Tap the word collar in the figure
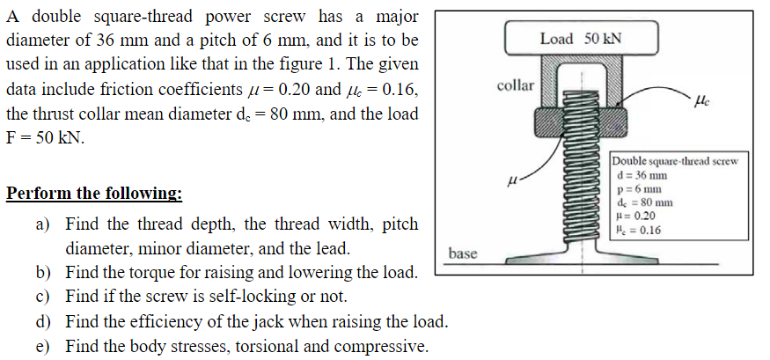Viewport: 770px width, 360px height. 515,85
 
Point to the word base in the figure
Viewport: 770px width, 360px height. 463,253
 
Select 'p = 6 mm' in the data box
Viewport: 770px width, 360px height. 636,188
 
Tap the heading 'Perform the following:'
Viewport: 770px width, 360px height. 95,194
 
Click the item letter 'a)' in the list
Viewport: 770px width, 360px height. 43,224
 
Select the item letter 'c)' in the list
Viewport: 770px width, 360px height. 43,296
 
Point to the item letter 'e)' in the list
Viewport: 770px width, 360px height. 43,344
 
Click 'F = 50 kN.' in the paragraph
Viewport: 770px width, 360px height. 45,139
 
